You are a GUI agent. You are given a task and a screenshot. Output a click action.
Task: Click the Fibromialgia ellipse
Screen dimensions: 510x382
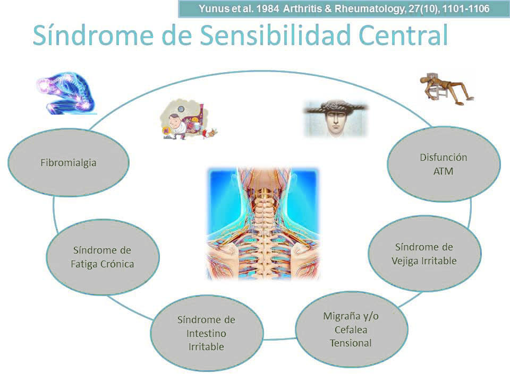pyautogui.click(x=69, y=162)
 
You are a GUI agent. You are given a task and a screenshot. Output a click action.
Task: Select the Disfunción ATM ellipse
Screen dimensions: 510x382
pyautogui.click(x=444, y=164)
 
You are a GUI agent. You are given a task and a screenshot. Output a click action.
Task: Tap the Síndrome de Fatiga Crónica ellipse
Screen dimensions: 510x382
pyautogui.click(x=103, y=257)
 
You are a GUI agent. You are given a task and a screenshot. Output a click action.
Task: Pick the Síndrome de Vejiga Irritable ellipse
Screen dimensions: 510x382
pyautogui.click(x=424, y=254)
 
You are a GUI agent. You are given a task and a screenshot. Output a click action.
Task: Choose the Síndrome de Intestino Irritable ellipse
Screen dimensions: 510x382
pyautogui.click(x=207, y=333)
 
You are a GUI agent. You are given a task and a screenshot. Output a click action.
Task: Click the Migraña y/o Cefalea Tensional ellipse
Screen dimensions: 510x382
pyautogui.click(x=351, y=329)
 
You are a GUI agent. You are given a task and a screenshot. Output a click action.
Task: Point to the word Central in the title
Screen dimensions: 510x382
pyautogui.click(x=404, y=35)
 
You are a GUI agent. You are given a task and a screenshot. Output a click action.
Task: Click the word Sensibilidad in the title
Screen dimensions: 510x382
pyautogui.click(x=275, y=35)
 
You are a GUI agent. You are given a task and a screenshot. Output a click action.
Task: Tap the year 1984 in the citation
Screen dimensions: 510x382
pyautogui.click(x=268, y=9)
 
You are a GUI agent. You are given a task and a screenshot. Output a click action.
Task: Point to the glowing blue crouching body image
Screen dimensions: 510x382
pyautogui.click(x=67, y=93)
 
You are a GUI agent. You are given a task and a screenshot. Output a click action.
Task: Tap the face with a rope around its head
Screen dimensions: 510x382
pyautogui.click(x=336, y=118)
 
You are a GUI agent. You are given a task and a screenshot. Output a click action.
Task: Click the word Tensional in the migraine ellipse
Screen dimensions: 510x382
pyautogui.click(x=351, y=343)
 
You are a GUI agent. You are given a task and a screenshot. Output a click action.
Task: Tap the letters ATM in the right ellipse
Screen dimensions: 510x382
pyautogui.click(x=443, y=171)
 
